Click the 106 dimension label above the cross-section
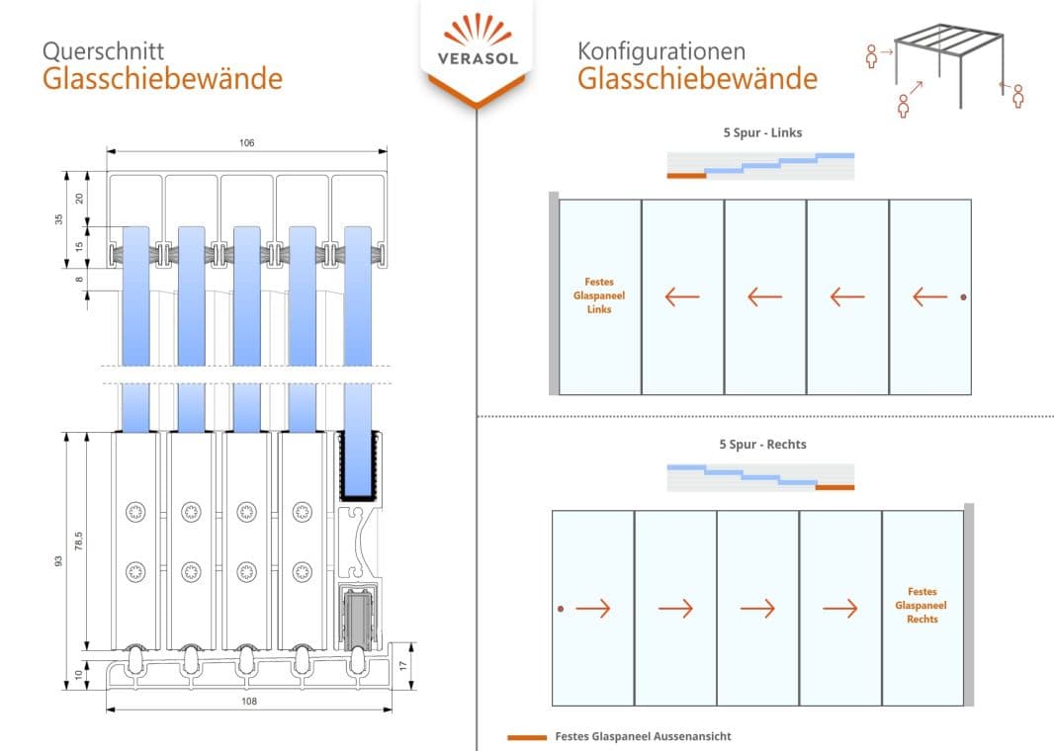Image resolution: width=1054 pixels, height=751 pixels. point(247,143)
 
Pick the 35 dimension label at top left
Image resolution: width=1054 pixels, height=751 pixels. point(59,218)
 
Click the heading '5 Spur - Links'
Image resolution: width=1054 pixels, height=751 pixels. point(759,132)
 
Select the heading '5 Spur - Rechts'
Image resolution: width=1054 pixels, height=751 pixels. point(761,444)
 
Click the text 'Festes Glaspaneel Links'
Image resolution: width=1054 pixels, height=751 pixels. point(599,295)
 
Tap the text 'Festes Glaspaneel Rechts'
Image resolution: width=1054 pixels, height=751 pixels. point(922,605)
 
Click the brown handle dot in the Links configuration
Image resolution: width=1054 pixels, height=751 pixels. point(964,297)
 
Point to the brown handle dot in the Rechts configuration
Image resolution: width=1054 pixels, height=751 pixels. point(561,609)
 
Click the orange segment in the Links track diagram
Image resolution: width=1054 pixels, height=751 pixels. point(686,175)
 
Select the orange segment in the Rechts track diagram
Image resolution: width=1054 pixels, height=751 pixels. point(834,487)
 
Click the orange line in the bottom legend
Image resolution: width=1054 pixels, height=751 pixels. point(526,737)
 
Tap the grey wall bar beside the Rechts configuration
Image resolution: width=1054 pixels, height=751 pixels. point(970,605)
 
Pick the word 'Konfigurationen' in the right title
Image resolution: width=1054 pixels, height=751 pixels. point(661,51)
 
